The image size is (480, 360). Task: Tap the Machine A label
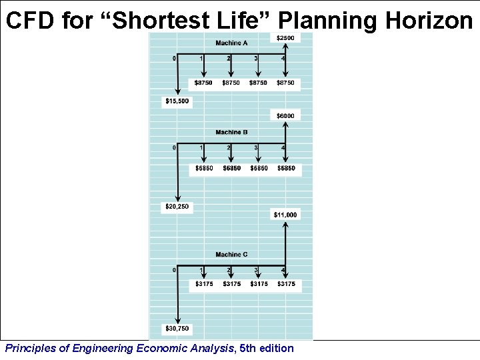click(231, 43)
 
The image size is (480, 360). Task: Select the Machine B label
click(231, 132)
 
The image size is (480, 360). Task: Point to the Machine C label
click(231, 254)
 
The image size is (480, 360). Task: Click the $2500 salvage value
click(285, 38)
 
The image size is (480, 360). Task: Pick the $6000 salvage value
click(285, 116)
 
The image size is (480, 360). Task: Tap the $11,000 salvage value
click(285, 215)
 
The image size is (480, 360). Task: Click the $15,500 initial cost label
click(177, 101)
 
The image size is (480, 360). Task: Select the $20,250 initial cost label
click(177, 207)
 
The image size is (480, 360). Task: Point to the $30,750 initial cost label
click(177, 329)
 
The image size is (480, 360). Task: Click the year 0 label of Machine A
click(175, 58)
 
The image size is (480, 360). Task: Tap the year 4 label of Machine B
click(283, 147)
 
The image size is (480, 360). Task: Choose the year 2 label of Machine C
click(229, 270)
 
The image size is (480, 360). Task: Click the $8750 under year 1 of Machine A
click(204, 83)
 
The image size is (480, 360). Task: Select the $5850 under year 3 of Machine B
click(259, 168)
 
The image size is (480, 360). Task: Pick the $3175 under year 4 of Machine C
click(286, 284)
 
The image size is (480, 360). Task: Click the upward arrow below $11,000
click(286, 247)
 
